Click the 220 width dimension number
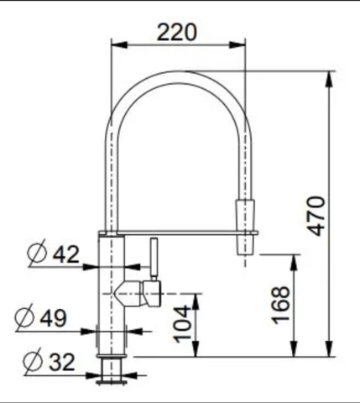[177, 33]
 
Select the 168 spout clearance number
[281, 305]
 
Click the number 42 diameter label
[66, 254]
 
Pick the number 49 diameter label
[53, 318]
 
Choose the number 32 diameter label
[62, 362]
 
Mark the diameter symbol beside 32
[33, 361]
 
